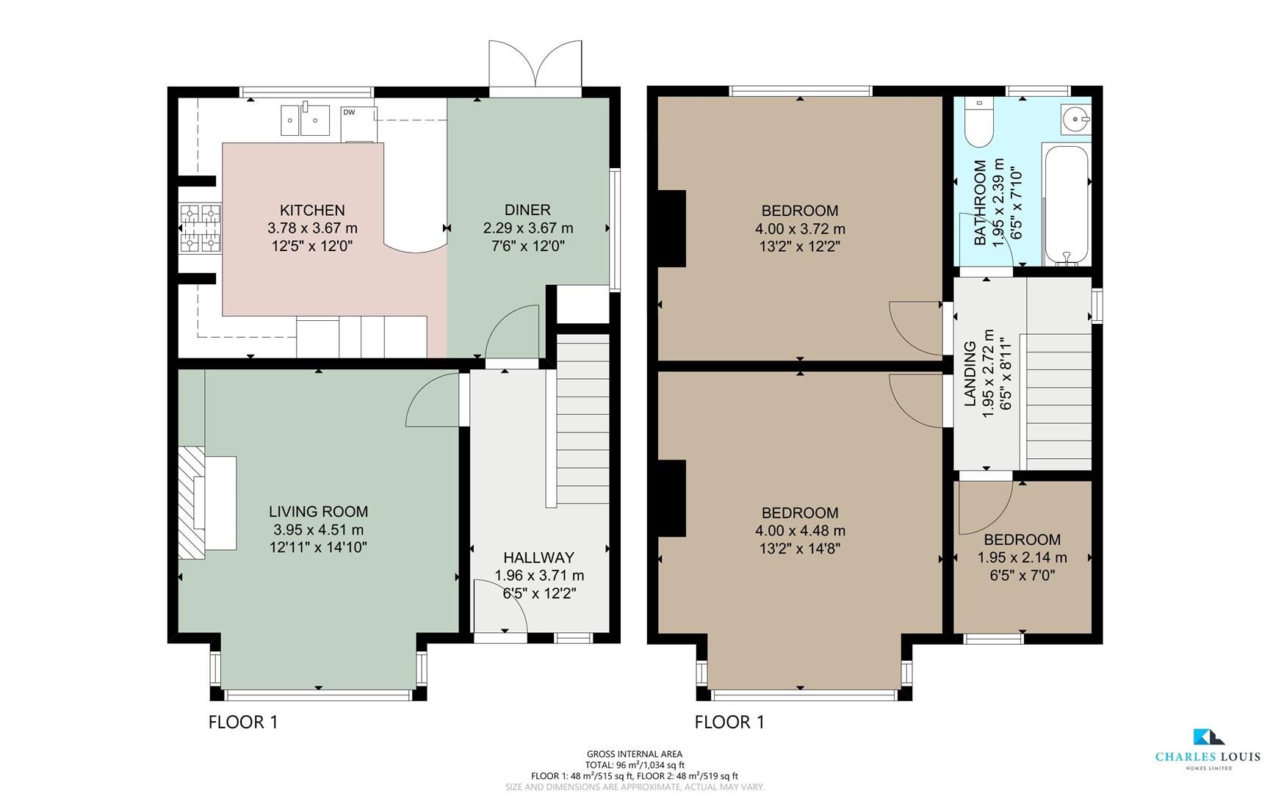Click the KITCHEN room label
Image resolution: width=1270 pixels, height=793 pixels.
[x=312, y=211]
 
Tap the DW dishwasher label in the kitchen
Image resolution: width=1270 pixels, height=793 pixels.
[x=349, y=112]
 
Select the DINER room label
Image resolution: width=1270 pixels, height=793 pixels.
[x=527, y=211]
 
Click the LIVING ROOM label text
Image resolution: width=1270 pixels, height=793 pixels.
[x=318, y=512]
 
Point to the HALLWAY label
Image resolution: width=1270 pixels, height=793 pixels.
[x=538, y=558]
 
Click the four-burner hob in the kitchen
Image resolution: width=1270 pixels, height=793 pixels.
[x=201, y=228]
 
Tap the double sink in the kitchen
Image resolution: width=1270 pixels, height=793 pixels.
[x=306, y=120]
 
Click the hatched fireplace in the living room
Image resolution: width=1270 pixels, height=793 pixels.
[x=191, y=502]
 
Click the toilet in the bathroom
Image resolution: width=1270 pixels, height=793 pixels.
[x=978, y=122]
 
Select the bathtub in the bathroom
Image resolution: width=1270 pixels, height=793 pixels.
[x=1066, y=205]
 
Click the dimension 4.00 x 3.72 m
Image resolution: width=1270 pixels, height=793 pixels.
[x=800, y=229]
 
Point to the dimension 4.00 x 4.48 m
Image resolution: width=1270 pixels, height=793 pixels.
[x=800, y=531]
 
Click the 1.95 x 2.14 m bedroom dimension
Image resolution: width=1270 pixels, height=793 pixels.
[x=1022, y=558]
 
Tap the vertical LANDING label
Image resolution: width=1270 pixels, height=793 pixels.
[x=970, y=374]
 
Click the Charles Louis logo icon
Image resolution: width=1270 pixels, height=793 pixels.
[x=1207, y=736]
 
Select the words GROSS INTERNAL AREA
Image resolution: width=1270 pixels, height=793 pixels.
[x=634, y=754]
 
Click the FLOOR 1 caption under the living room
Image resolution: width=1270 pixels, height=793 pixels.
[x=243, y=723]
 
